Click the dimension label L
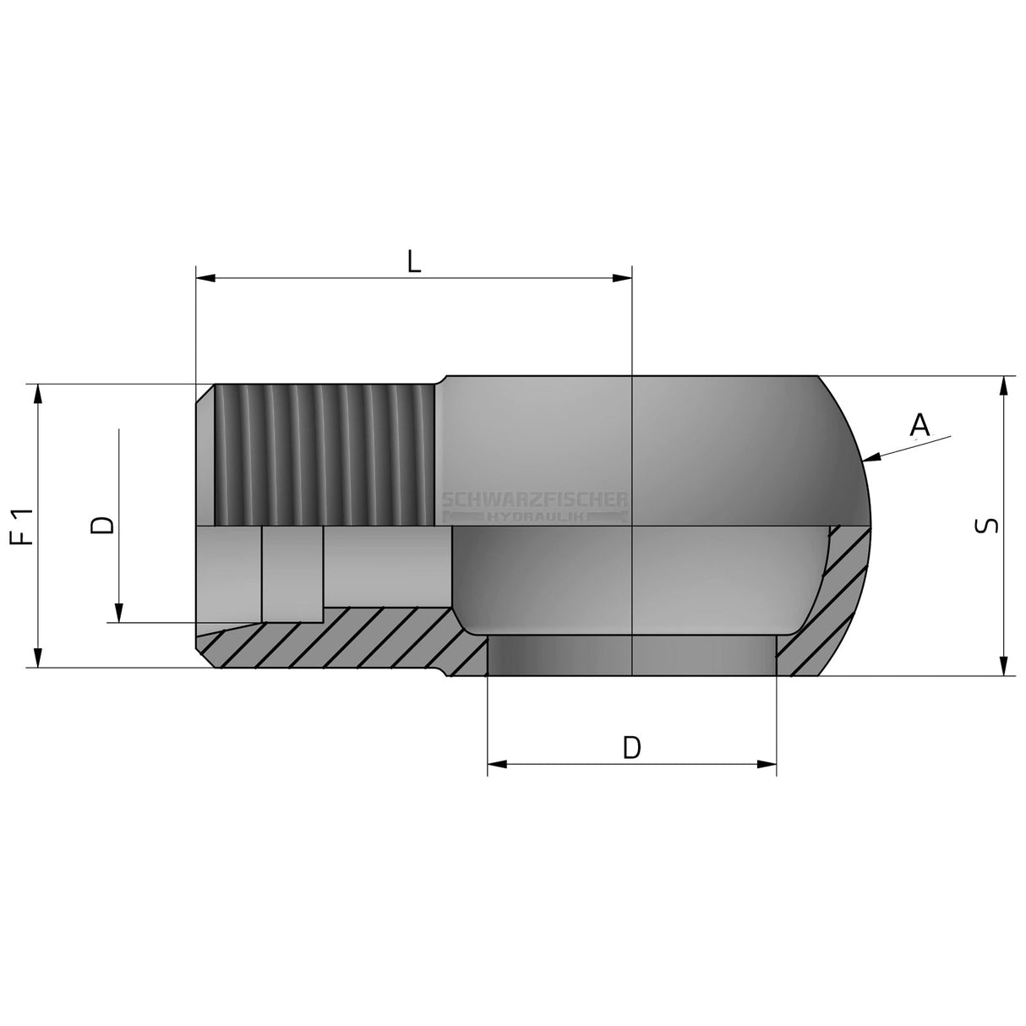[412, 261]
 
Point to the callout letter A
[920, 425]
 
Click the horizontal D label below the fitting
[631, 747]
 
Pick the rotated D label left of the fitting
[101, 526]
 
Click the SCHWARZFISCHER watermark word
[535, 500]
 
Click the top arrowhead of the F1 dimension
[38, 395]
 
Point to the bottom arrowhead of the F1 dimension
[38, 658]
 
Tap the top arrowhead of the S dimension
[1003, 386]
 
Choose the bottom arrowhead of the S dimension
[1003, 665]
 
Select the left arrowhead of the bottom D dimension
[498, 765]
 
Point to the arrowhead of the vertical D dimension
[119, 614]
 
